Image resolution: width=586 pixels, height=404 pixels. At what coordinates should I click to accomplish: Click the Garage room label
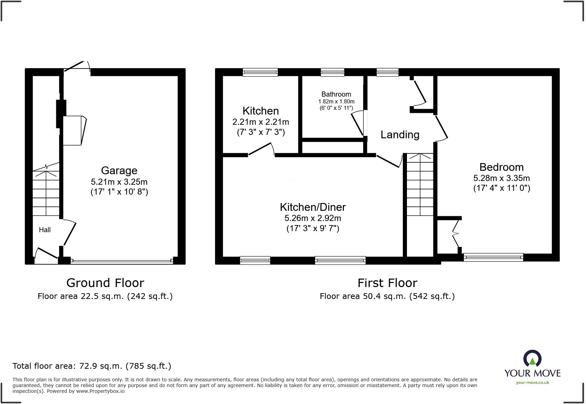point(119,170)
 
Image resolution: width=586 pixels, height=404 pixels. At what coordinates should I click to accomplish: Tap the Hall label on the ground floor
point(45,230)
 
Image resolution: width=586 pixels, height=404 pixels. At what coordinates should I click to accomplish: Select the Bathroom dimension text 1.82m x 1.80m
point(336,102)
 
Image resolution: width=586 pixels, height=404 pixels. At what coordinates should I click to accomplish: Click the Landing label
point(400,135)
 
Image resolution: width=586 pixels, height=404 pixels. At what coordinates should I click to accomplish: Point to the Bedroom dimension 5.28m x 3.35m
point(501,178)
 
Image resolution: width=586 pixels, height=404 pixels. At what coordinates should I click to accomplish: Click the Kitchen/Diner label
point(313,207)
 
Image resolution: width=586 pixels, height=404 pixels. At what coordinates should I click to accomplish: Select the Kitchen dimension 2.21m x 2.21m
point(260,122)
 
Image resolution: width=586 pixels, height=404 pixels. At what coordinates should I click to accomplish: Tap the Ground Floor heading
point(105,283)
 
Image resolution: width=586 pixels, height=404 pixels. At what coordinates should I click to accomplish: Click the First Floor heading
point(387,283)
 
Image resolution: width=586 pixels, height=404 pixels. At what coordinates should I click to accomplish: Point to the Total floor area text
point(92,366)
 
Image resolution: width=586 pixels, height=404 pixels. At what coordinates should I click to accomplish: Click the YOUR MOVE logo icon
point(532,359)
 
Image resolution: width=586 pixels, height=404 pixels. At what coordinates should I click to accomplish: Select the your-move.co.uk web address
point(532,383)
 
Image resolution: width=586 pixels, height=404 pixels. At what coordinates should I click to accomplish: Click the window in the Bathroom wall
point(332,72)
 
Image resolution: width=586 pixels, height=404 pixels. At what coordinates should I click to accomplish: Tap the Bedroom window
point(493,257)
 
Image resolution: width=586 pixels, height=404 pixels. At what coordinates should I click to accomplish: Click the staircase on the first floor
point(420,185)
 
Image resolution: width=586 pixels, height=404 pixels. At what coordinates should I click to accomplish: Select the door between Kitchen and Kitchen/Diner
point(261,150)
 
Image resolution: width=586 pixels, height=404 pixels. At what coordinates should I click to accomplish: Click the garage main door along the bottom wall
point(122,261)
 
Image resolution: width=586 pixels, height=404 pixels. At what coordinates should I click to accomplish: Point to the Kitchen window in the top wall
point(260,72)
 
